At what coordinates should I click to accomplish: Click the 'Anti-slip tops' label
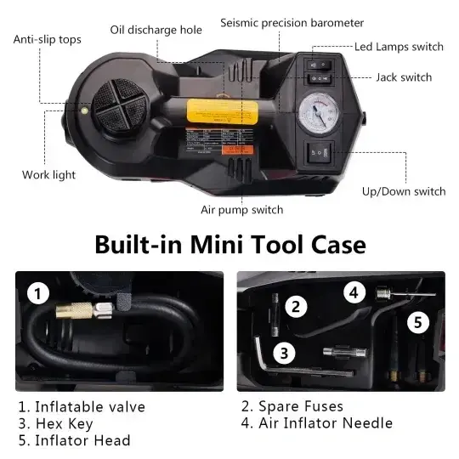47,39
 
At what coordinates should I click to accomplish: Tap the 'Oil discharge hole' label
156,30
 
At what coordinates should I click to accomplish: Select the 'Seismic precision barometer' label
292,23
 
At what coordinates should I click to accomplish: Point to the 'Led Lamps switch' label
399,47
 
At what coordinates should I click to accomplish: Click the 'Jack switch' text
404,77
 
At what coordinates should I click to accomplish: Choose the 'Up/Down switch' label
404,192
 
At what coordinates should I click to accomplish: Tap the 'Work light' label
48,175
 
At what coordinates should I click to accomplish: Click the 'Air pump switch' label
241,210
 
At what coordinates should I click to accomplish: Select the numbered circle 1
37,294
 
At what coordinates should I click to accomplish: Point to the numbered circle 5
416,322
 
